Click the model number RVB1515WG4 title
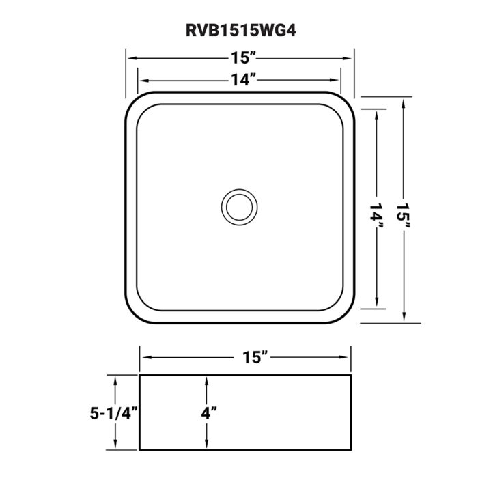[x=241, y=31]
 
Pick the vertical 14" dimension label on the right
[x=377, y=216]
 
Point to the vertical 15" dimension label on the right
[x=404, y=216]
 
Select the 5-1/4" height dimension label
[x=114, y=413]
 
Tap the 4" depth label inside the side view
[x=208, y=413]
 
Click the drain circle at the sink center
[x=239, y=207]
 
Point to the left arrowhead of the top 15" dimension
[x=132, y=58]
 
